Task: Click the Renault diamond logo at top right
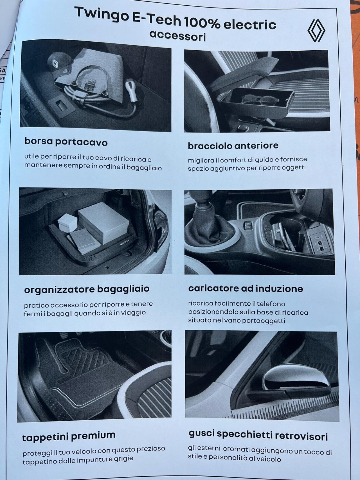(316, 30)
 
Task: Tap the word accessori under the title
(177, 36)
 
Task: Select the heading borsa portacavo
(66, 141)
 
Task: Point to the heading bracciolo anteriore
(233, 146)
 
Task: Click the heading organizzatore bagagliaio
(87, 289)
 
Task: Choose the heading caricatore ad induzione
(246, 289)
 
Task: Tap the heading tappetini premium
(69, 436)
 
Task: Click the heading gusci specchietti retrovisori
(258, 435)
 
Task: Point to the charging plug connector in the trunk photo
(131, 87)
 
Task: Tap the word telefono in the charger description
(271, 304)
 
